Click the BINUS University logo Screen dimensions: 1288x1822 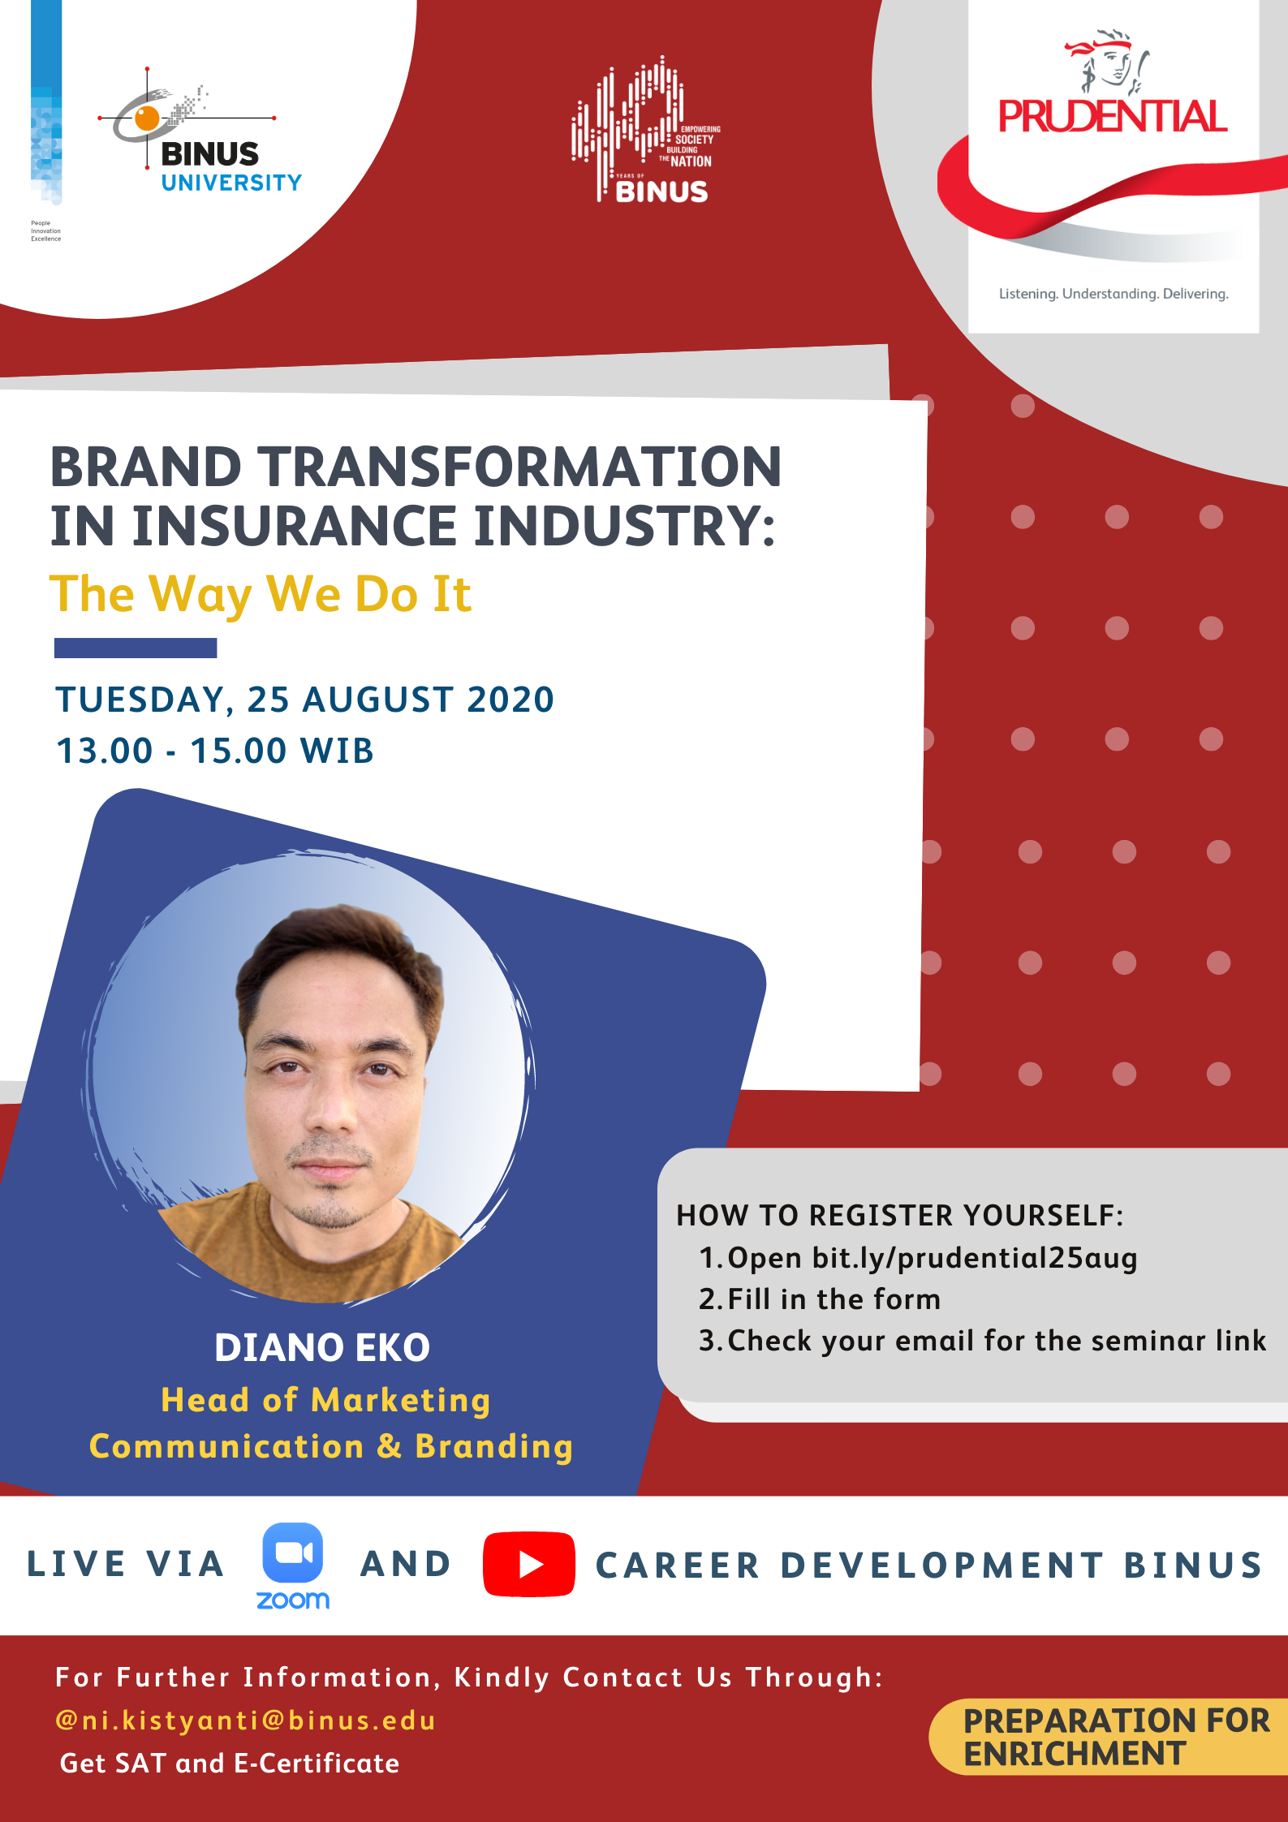click(x=200, y=130)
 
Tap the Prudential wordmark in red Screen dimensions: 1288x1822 click(x=1113, y=116)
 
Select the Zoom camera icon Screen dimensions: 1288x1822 click(x=293, y=1552)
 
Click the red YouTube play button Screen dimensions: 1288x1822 click(x=529, y=1564)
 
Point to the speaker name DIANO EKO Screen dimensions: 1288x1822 click(x=322, y=1347)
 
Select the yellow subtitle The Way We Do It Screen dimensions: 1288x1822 click(x=261, y=595)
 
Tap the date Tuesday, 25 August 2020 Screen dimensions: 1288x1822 click(x=304, y=700)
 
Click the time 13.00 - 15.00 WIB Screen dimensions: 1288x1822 click(x=215, y=751)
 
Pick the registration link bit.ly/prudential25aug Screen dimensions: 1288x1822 click(x=975, y=1258)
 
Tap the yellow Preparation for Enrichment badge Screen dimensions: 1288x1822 click(x=1109, y=1737)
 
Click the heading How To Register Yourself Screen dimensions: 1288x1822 click(x=900, y=1215)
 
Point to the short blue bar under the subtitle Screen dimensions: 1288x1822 click(x=136, y=648)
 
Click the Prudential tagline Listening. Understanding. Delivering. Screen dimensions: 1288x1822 click(x=1114, y=294)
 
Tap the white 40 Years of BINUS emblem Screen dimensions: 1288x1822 click(x=646, y=130)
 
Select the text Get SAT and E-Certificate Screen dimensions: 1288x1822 click(x=230, y=1763)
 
